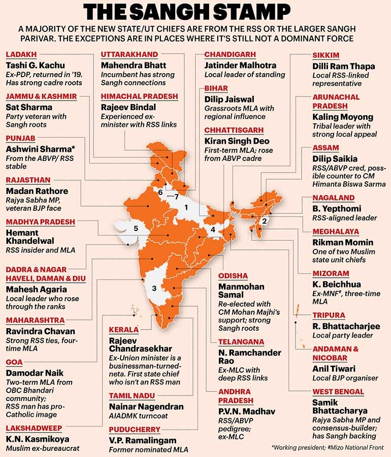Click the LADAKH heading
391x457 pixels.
pos(21,54)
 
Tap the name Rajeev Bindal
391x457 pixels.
pos(128,107)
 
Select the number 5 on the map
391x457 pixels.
pos(136,228)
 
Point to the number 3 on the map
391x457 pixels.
pos(154,288)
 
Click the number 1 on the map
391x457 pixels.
pos(186,208)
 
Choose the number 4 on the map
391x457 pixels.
pos(213,230)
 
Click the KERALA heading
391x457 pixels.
pos(124,330)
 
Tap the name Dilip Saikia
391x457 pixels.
pos(335,159)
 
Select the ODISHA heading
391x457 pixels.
pos(233,276)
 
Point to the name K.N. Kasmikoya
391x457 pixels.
pos(38,439)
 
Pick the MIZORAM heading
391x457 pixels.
pos(331,274)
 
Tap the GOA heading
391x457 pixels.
pos(14,362)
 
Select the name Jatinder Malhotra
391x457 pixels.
pos(240,66)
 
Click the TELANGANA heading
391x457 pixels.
pos(241,342)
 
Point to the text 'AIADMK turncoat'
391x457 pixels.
pos(138,416)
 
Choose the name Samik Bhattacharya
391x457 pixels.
pos(340,407)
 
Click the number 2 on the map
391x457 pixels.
pos(264,221)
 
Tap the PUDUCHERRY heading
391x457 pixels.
pos(135,430)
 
